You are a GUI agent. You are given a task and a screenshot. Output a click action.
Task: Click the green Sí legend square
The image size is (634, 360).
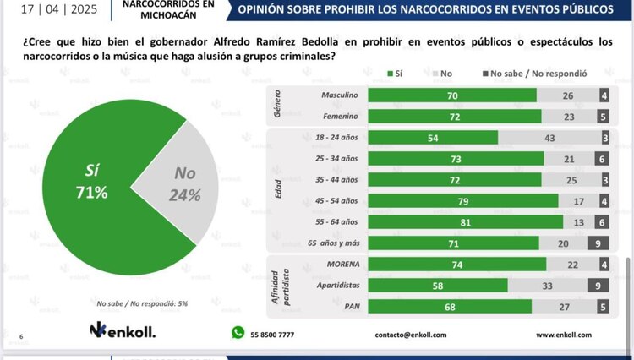coord(390,74)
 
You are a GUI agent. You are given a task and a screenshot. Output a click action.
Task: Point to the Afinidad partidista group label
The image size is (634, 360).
coord(280,286)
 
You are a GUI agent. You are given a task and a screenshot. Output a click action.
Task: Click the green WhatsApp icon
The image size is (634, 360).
coord(238,333)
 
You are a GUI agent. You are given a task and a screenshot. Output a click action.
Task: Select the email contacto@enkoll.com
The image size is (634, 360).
coord(410,334)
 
